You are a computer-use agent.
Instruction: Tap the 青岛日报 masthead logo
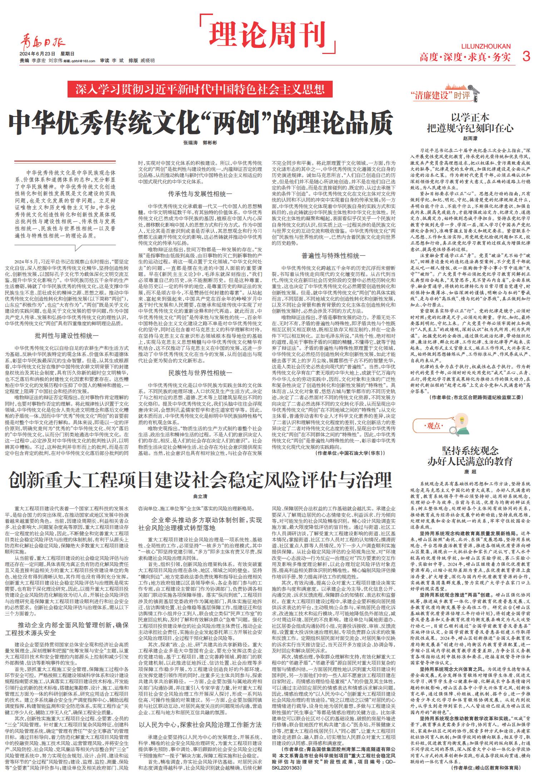[43, 44]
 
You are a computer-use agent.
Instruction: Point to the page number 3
[526, 56]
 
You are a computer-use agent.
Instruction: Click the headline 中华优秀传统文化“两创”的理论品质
[200, 122]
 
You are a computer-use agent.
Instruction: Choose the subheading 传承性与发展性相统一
[200, 194]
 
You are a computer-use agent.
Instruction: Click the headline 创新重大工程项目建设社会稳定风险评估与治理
[200, 479]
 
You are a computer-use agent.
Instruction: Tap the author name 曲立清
[200, 497]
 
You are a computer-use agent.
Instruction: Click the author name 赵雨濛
[470, 138]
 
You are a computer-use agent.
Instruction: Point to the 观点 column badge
[434, 425]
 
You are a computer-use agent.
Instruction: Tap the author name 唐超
[470, 472]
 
